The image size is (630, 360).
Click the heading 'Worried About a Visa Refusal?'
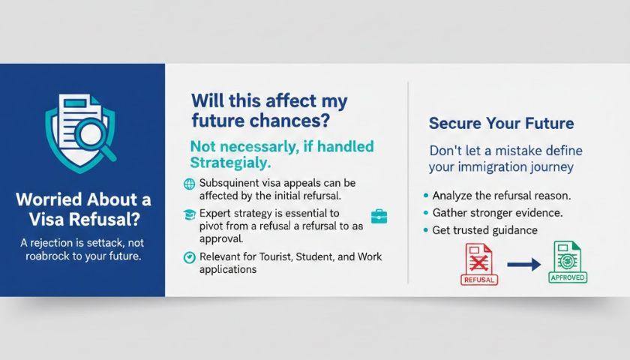[x=83, y=209]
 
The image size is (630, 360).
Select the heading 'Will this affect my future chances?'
[x=269, y=110]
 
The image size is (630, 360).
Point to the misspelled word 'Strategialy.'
[x=230, y=163]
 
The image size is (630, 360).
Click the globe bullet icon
[x=189, y=184]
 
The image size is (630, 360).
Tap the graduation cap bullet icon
[x=189, y=214]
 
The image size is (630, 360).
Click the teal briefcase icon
[x=379, y=216]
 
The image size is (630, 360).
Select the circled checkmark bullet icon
[x=189, y=257]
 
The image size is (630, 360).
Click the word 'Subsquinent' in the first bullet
[x=229, y=183]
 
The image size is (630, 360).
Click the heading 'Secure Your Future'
[x=501, y=123]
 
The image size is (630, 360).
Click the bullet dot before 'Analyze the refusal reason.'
[x=426, y=196]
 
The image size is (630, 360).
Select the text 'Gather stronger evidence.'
[x=497, y=213]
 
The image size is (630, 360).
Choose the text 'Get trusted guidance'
[x=485, y=230]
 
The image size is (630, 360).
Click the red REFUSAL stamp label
[x=479, y=280]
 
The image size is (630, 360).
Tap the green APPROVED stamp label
[x=568, y=277]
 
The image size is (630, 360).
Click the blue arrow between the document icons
[x=524, y=264]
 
